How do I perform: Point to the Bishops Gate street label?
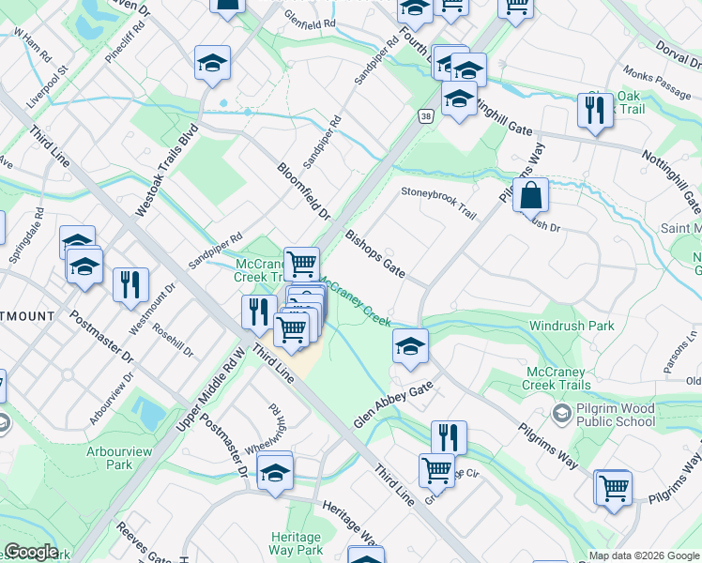point(374,253)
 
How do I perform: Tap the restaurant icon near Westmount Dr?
point(130,283)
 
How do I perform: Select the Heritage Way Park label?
point(297,543)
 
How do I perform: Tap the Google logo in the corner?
point(31,552)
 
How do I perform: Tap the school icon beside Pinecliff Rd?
point(212,64)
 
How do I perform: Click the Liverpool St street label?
point(49,84)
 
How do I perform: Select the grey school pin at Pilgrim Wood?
point(560,414)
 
